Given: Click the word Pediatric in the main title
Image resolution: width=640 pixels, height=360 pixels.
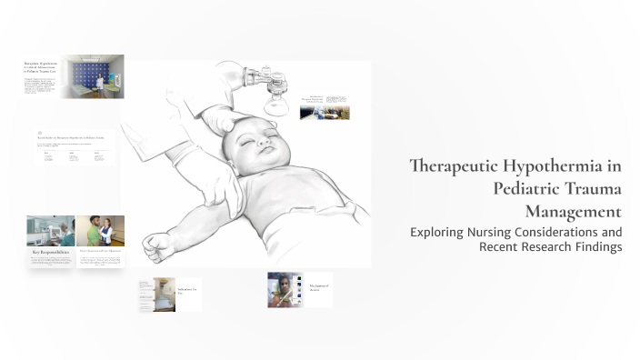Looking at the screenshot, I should point(525,189).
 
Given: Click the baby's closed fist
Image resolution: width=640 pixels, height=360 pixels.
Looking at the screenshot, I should point(157,244).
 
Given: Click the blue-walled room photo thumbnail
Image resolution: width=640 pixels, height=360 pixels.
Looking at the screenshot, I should point(93,77).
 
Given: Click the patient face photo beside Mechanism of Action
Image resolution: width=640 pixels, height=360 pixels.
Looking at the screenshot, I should point(284,289).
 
